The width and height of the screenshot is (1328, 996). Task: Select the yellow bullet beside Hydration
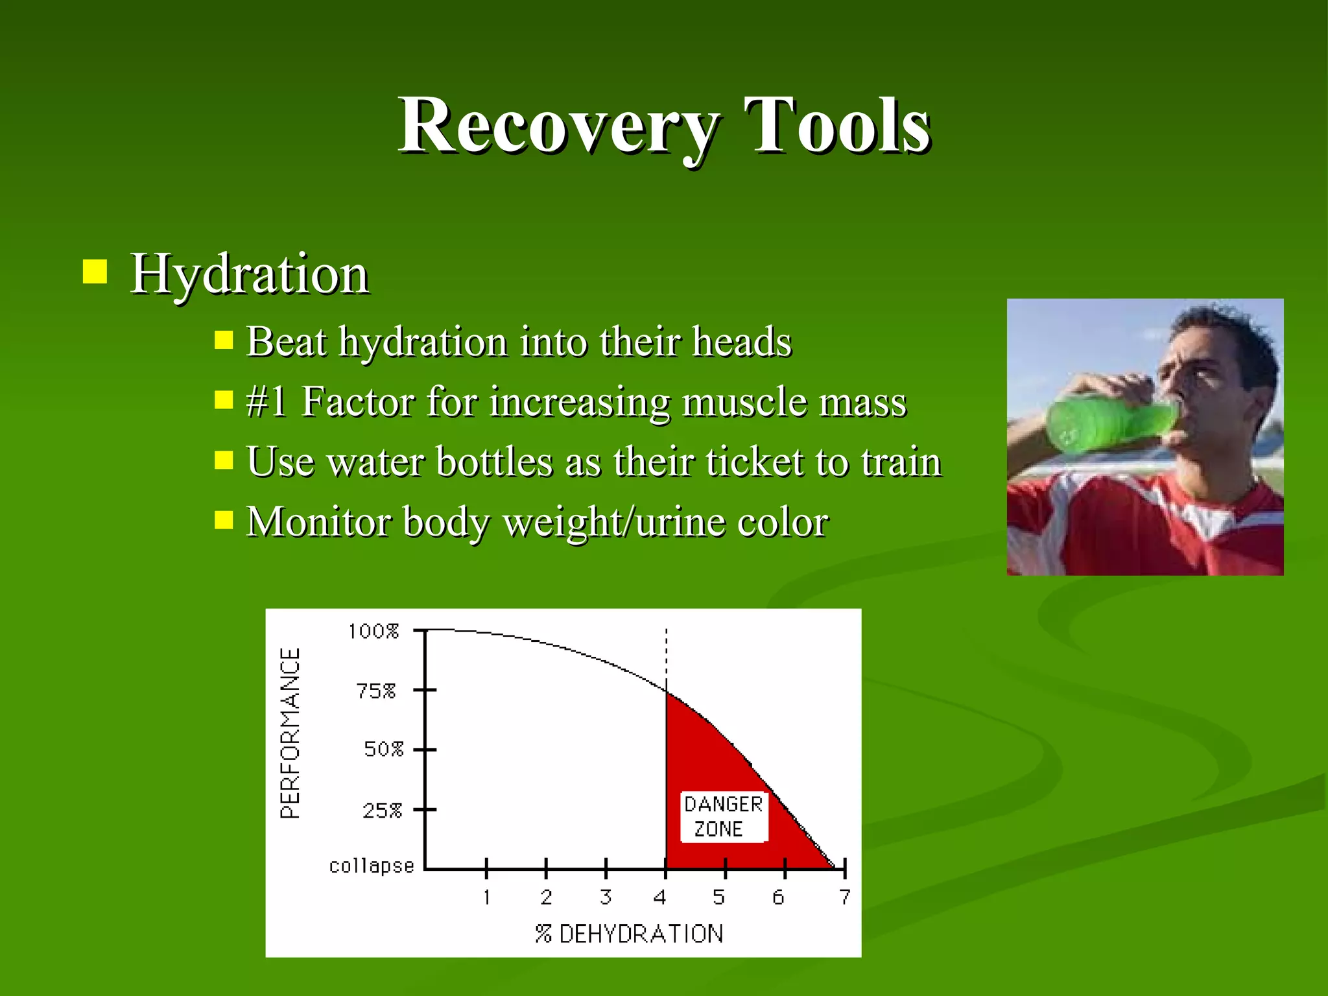[x=95, y=272]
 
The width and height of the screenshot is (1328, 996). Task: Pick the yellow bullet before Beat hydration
[x=224, y=340]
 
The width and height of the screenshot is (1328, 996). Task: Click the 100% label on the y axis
[x=373, y=631]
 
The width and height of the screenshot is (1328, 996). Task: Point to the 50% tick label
[x=383, y=750]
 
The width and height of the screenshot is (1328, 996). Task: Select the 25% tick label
[x=382, y=811]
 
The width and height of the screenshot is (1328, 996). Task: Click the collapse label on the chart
[x=371, y=866]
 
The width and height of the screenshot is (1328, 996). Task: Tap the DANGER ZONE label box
[x=723, y=816]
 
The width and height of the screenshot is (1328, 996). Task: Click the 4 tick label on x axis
[x=660, y=897]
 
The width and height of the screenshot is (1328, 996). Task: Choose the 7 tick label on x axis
[x=844, y=897]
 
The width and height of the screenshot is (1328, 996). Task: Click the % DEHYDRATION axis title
[x=629, y=934]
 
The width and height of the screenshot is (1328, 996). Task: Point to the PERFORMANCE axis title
[x=290, y=733]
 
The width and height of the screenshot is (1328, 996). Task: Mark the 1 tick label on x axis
[x=486, y=897]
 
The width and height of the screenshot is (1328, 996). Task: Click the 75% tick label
[x=376, y=691]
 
